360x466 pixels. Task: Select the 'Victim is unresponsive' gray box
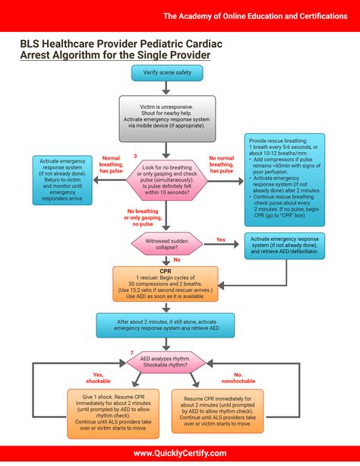coord(165,114)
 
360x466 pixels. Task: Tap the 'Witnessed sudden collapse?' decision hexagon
coord(166,244)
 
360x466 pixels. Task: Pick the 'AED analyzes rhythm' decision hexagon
coord(166,363)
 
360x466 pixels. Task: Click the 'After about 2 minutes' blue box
coord(166,325)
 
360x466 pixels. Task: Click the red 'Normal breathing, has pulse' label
coord(112,165)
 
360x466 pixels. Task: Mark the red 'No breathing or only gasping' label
coord(142,218)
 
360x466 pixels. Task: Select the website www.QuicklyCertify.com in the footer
coord(179,452)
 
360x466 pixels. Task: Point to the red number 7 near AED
coord(131,353)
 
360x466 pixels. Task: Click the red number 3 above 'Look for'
coord(135,156)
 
